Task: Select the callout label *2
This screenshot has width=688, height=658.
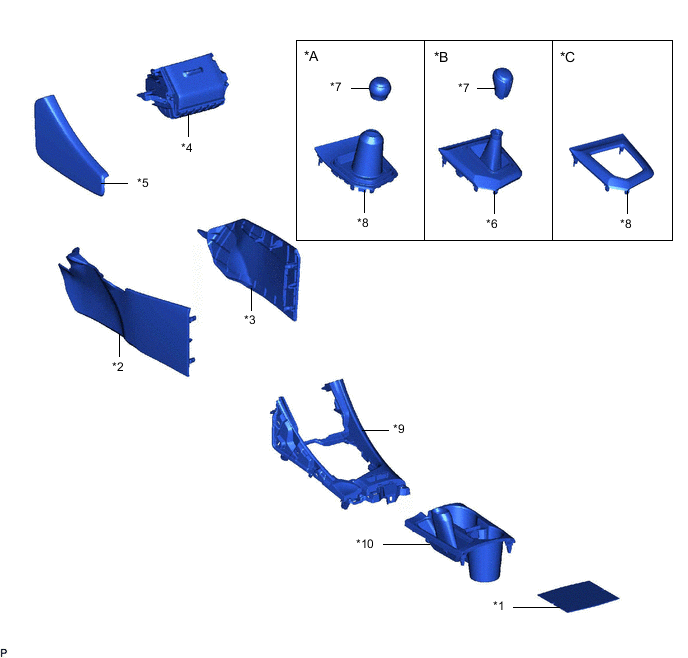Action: click(x=118, y=366)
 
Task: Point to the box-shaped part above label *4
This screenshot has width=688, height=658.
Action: click(x=187, y=89)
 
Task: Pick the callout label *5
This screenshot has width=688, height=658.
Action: click(x=143, y=183)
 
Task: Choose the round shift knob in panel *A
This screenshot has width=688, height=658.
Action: click(x=381, y=88)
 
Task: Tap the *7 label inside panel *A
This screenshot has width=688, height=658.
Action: click(x=337, y=87)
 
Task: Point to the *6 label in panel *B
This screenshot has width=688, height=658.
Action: click(x=493, y=222)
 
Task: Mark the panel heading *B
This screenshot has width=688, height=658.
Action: click(x=441, y=57)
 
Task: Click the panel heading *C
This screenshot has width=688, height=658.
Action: click(x=568, y=57)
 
